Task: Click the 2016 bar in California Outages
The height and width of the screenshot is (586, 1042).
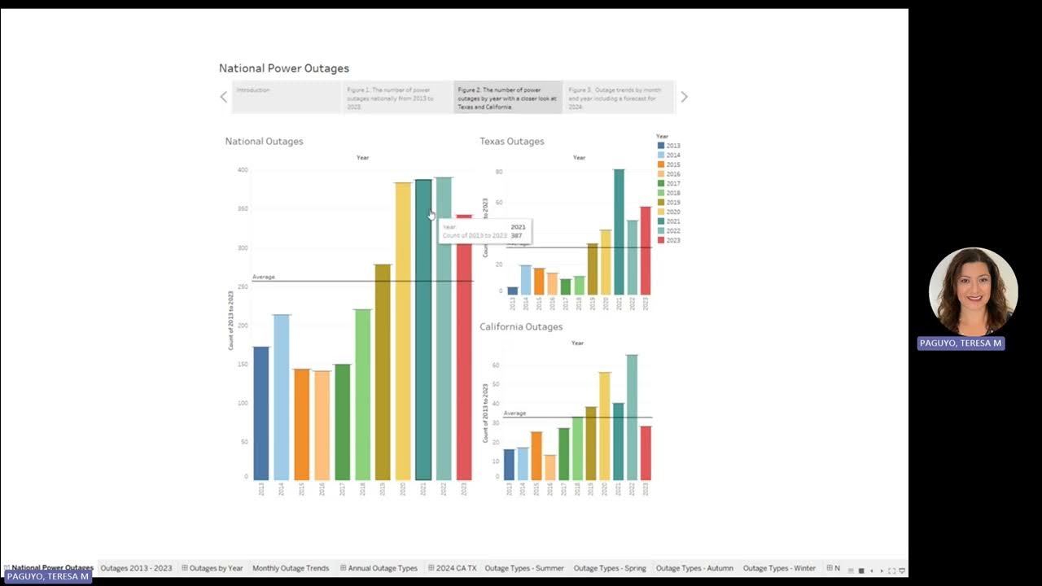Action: pyautogui.click(x=550, y=467)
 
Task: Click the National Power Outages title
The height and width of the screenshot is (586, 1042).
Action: pyautogui.click(x=284, y=68)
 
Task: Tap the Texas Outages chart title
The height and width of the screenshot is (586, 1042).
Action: pyautogui.click(x=511, y=142)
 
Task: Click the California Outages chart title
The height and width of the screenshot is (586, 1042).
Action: pyautogui.click(x=521, y=327)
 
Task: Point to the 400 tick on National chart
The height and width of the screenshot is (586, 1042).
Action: pyautogui.click(x=243, y=170)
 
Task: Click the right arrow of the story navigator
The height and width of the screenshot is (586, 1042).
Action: pyautogui.click(x=684, y=97)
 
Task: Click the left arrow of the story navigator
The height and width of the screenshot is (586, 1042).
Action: pyautogui.click(x=224, y=97)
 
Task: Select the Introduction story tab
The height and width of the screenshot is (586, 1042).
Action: pyautogui.click(x=286, y=97)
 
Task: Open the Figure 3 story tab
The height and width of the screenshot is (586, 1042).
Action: pyautogui.click(x=618, y=97)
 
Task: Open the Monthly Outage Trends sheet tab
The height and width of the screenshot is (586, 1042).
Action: pyautogui.click(x=291, y=568)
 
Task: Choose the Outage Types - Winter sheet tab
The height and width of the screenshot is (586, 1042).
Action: pyautogui.click(x=779, y=568)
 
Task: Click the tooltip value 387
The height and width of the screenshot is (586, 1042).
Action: pyautogui.click(x=517, y=236)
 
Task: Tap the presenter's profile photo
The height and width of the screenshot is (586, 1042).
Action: pyautogui.click(x=973, y=291)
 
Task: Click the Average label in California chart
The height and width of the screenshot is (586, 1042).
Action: pyautogui.click(x=514, y=413)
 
